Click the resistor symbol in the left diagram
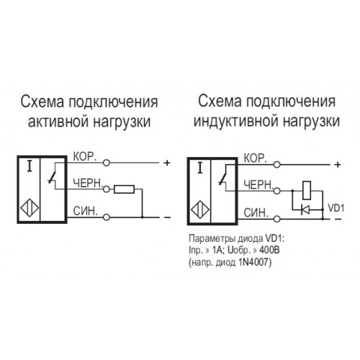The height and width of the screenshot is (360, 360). coord(124,189)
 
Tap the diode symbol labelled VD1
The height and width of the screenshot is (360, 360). coord(305,210)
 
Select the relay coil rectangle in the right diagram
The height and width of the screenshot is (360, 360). coord(307,191)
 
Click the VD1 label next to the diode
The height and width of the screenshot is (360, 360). coord(336,208)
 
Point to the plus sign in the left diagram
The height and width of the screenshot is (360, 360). coord(166,163)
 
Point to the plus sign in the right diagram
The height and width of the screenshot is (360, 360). coord(338,165)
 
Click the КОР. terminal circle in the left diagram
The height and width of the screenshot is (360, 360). coord(107,163)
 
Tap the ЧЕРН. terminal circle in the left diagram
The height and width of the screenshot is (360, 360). coord(107,189)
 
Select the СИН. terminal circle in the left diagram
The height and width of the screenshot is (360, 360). coord(107,217)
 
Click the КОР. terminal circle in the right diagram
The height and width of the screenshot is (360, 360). coord(277,165)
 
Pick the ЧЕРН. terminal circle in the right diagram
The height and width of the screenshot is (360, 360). coord(277,191)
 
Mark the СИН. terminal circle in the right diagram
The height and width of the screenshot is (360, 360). coord(277,219)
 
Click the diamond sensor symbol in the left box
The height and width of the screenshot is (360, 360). coord(30,208)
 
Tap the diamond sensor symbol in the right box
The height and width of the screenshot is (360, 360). coord(200,210)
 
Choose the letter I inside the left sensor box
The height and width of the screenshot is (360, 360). coord(30,166)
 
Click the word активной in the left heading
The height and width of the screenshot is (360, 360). coord(59,122)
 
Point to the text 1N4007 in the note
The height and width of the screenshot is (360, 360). coord(255,263)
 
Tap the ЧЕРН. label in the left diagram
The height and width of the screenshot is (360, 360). coord(88,184)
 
